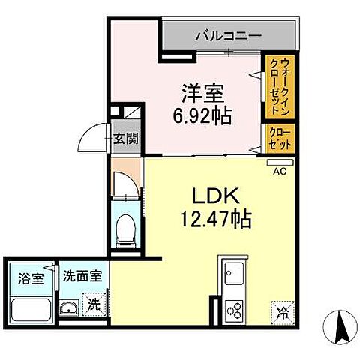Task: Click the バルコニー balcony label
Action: coord(229,34)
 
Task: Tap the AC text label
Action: coord(280,171)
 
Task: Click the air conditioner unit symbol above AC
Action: coord(279,160)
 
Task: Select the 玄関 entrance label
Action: coord(125,138)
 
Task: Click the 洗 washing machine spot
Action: coord(94,306)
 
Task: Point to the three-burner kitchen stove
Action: coord(233,307)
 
